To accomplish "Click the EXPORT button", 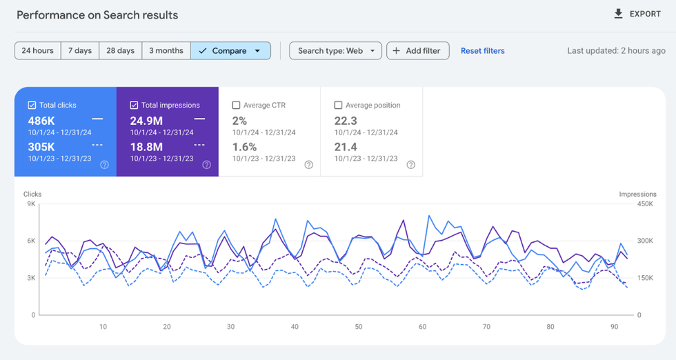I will tap(637, 14).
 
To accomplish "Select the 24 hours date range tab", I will tap(37, 51).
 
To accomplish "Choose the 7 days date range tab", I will tap(80, 51).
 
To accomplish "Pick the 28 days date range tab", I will tap(121, 51).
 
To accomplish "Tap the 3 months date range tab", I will tap(166, 51).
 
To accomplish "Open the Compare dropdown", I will tap(230, 51).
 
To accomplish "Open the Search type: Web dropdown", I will tap(335, 51).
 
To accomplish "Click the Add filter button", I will tap(418, 51).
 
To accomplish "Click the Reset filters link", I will tap(482, 51).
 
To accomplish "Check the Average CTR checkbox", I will tap(237, 106).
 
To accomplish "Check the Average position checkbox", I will tap(338, 106).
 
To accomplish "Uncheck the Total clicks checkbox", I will tap(32, 106).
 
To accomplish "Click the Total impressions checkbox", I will tap(134, 106).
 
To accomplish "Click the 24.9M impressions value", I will tap(146, 121).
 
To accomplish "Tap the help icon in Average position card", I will tap(410, 165).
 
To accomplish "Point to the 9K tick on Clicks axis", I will tap(31, 204).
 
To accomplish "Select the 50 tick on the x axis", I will tap(358, 327).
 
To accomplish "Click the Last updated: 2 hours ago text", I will tap(616, 51).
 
